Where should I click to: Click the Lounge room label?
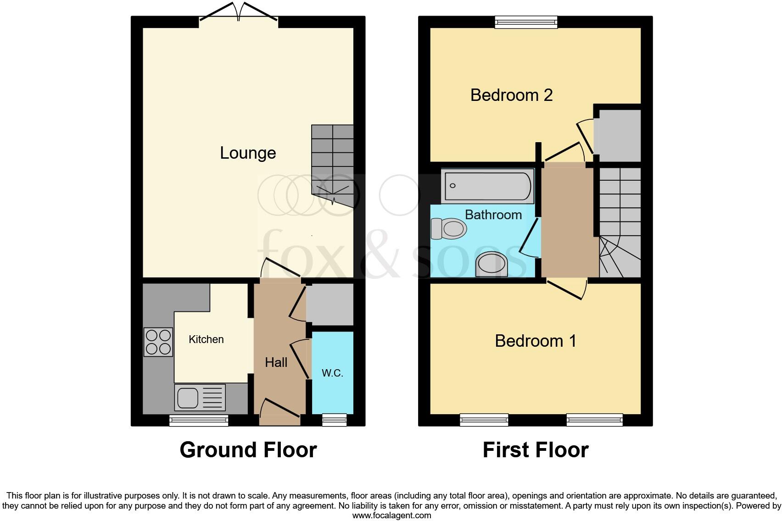248,153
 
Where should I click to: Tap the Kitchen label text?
206,339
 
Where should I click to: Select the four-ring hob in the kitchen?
158,342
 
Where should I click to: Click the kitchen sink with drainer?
200,397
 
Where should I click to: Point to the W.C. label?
332,373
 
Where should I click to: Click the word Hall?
276,362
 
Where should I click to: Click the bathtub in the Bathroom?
487,186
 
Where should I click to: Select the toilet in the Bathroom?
448,228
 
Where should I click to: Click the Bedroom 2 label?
511,95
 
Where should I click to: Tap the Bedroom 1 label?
535,341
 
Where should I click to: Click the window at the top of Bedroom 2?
526,22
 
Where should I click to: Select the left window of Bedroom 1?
484,420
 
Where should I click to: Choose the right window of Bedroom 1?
594,420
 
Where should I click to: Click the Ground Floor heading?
248,450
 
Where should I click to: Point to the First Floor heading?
535,450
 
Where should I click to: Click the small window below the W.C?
334,420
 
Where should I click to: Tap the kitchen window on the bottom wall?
199,420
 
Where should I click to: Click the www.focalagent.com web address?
391,515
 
